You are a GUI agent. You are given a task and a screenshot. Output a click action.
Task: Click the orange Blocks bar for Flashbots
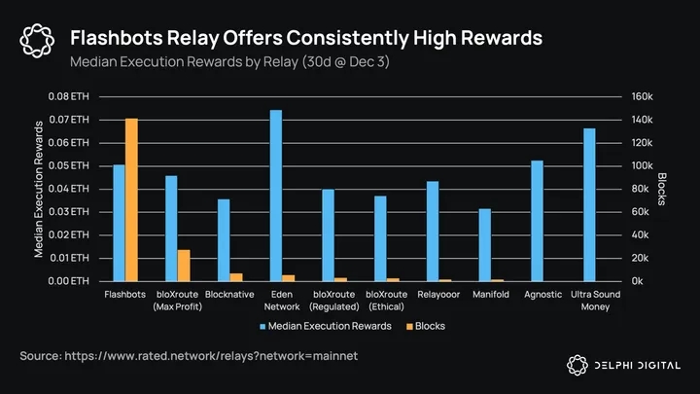pyautogui.click(x=131, y=200)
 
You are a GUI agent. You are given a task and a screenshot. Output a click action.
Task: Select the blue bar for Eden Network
pyautogui.click(x=276, y=196)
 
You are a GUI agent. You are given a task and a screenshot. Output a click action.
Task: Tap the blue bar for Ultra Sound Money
pyautogui.click(x=589, y=204)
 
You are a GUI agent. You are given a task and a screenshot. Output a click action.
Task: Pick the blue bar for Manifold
pyautogui.click(x=484, y=245)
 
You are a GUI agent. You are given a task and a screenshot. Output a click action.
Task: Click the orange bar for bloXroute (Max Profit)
pyautogui.click(x=184, y=266)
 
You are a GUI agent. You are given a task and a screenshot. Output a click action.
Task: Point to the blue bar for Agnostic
pyautogui.click(x=537, y=221)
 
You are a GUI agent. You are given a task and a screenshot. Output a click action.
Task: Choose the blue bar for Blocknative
pyautogui.click(x=224, y=240)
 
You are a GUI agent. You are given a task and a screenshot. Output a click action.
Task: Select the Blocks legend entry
pyautogui.click(x=425, y=326)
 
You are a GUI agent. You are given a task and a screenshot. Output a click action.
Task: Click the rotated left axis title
pyautogui.click(x=40, y=189)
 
